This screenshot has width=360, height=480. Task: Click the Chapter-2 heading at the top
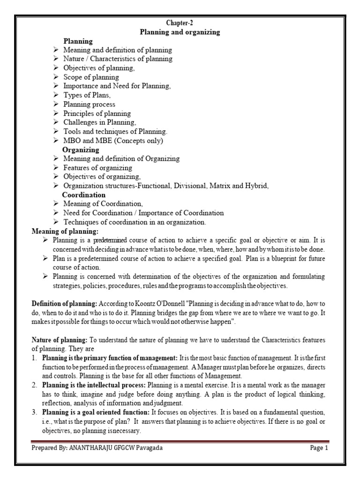(180, 23)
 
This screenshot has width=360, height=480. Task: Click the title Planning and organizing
(180, 32)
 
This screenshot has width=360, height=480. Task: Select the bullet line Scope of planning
(91, 77)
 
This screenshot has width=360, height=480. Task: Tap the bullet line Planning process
(89, 104)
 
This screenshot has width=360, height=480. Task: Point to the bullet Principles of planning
(97, 113)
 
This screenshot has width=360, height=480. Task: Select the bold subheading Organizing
(81, 150)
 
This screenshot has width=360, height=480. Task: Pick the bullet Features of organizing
(97, 168)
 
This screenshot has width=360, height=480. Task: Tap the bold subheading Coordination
(84, 195)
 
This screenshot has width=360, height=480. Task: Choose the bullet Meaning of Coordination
(103, 204)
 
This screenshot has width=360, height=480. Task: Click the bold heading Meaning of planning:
(65, 231)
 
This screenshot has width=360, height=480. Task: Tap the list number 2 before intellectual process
(35, 385)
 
